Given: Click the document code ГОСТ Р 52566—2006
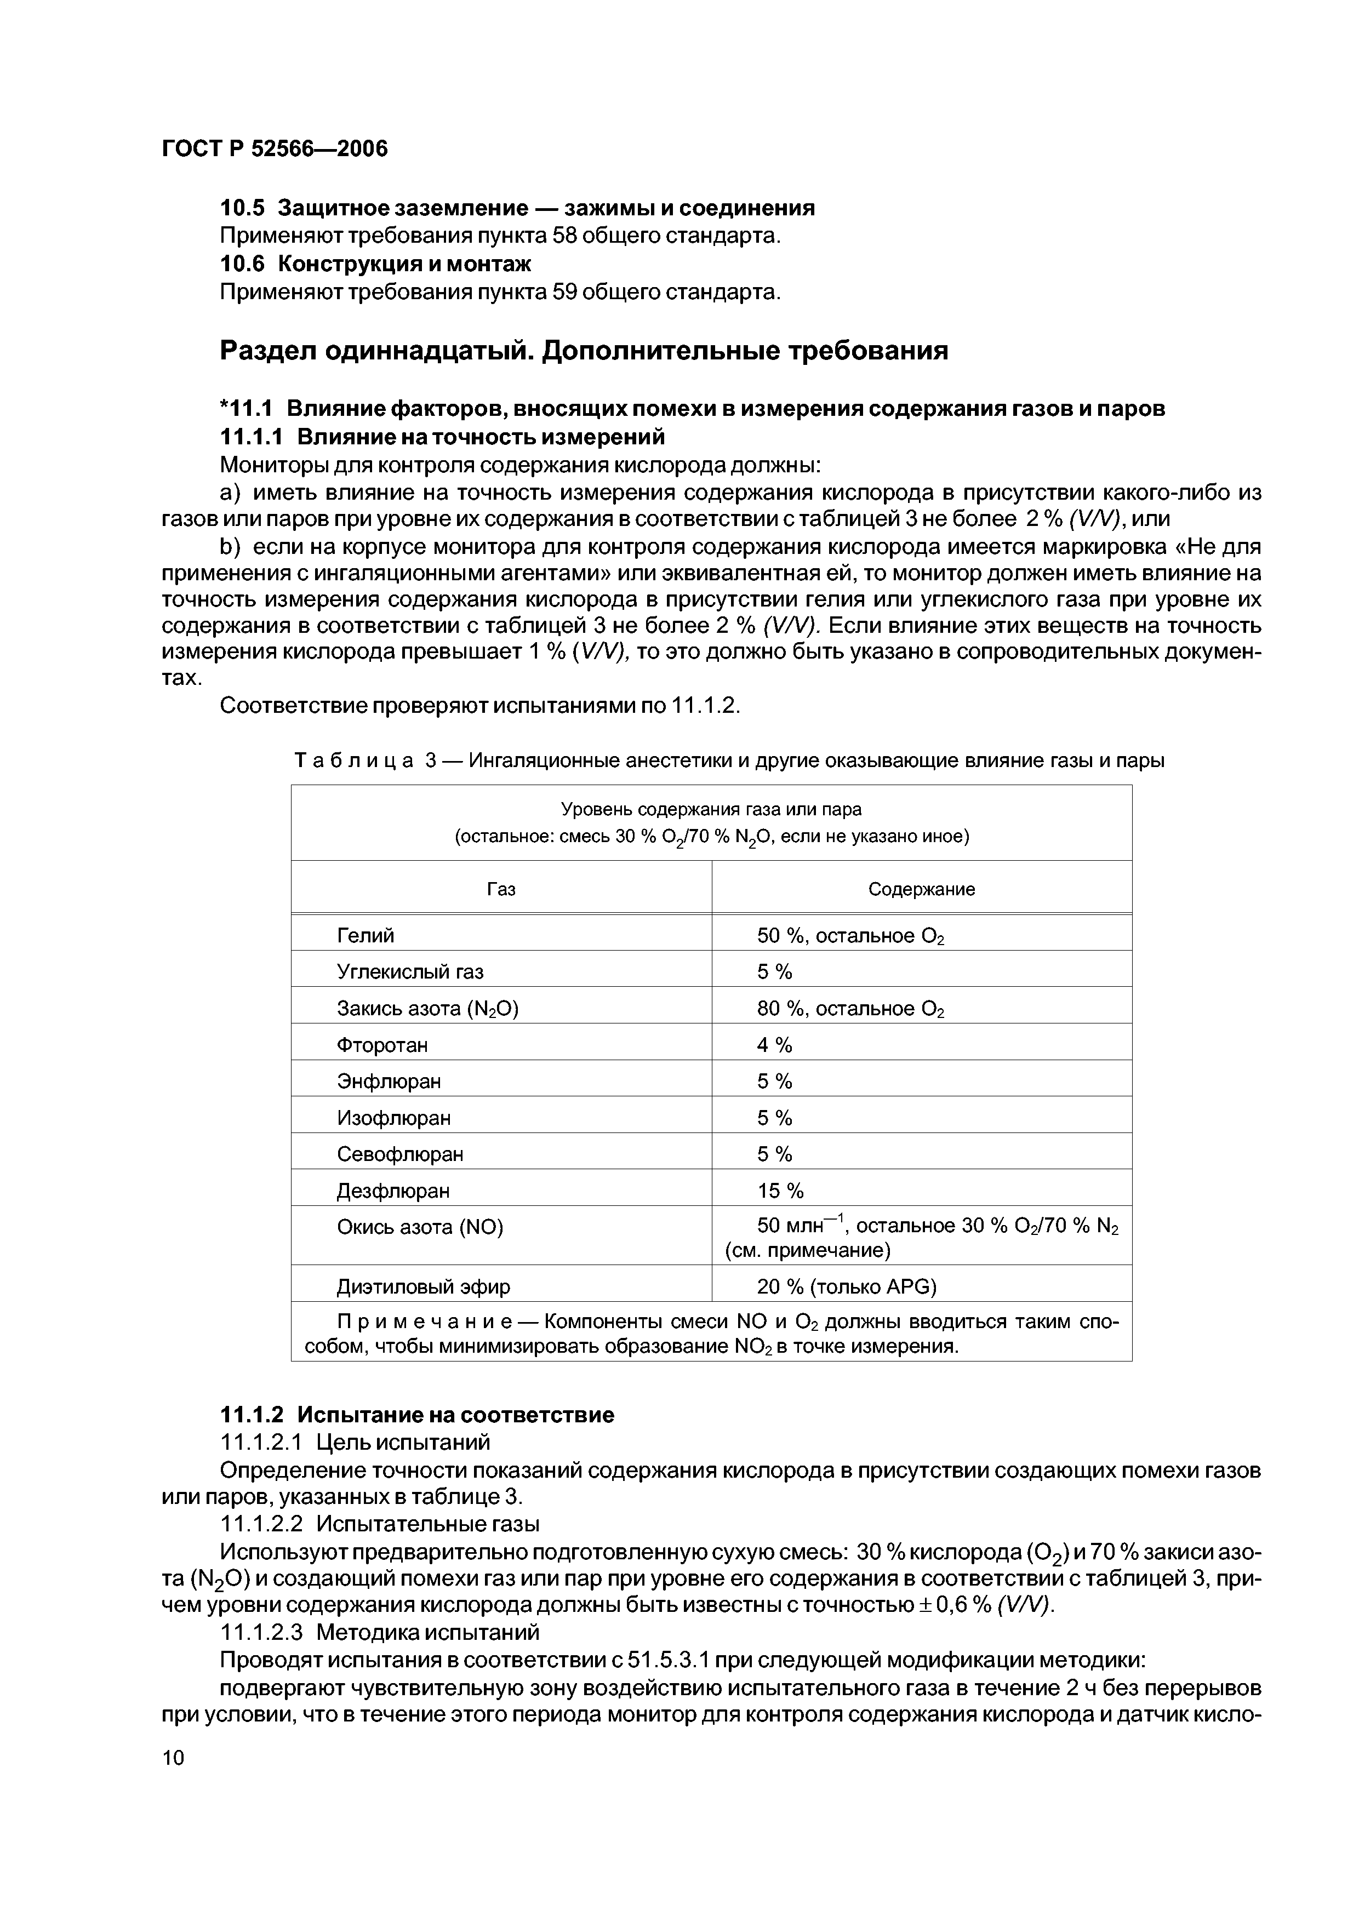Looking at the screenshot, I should coord(275,149).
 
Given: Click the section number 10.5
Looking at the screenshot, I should coord(243,208).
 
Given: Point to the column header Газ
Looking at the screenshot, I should coord(501,889).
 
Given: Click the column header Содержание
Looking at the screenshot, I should coord(921,889).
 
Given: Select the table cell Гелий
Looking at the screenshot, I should coord(365,935).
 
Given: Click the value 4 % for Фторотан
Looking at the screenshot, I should coord(774,1045).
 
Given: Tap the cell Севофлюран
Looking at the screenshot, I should coord(399,1154).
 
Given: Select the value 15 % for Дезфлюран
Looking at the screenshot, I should coord(780,1191).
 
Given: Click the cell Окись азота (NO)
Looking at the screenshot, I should coord(420,1227).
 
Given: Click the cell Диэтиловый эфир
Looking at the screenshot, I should coord(423,1286).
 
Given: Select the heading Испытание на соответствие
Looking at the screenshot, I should coord(455,1415).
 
